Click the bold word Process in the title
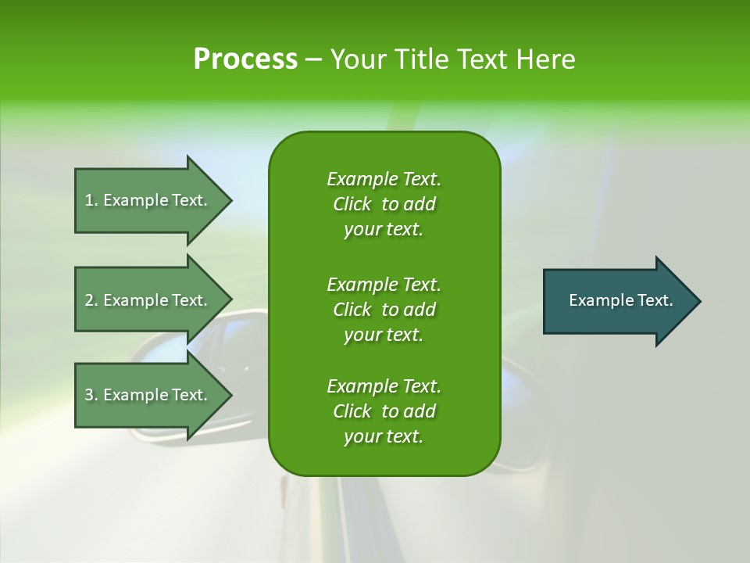(245, 59)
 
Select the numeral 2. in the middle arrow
(91, 300)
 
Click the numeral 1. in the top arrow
(91, 200)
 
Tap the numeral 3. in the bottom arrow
(91, 395)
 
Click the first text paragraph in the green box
(384, 204)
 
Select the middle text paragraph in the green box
(384, 309)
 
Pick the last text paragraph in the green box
(384, 411)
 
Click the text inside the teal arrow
(620, 300)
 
